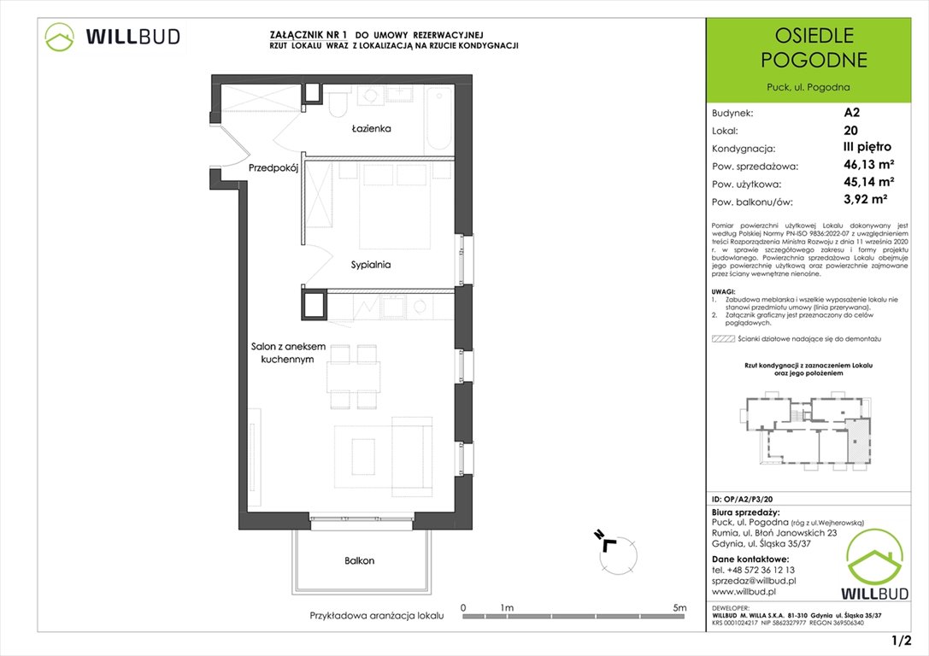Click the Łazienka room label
371,129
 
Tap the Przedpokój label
273,169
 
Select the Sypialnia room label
370,265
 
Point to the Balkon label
360,561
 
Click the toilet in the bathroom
337,103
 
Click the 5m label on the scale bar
679,607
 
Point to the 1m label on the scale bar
507,607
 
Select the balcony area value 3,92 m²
862,202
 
